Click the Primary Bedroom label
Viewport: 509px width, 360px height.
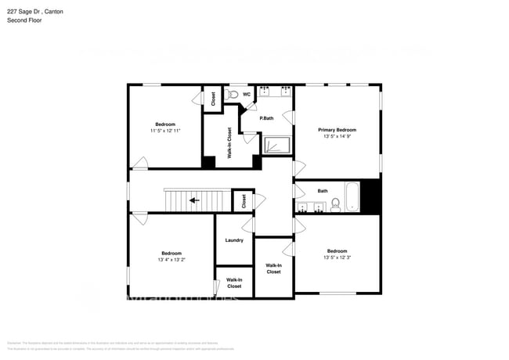click(337, 130)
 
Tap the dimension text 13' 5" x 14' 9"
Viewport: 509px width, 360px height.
click(337, 137)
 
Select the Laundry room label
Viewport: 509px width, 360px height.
click(234, 240)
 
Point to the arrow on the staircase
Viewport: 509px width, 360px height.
click(193, 200)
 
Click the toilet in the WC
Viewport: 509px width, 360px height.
click(233, 95)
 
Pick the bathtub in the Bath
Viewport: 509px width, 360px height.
click(352, 196)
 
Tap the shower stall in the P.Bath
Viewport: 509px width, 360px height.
click(276, 146)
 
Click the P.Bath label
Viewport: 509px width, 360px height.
click(266, 118)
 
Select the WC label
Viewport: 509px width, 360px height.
click(246, 95)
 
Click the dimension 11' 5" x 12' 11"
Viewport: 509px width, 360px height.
click(165, 131)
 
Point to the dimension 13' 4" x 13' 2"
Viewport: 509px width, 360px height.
click(171, 260)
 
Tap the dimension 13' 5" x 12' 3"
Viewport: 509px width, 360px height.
click(337, 257)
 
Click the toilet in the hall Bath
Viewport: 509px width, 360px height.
click(335, 205)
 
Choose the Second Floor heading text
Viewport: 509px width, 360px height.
click(24, 20)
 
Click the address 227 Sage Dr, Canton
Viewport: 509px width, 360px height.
click(35, 12)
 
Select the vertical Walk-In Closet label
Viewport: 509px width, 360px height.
click(229, 143)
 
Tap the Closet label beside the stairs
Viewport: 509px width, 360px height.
click(244, 201)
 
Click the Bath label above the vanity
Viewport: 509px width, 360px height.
click(323, 190)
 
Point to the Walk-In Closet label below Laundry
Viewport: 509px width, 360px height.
click(234, 283)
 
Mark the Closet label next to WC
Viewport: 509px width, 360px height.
click(213, 99)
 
